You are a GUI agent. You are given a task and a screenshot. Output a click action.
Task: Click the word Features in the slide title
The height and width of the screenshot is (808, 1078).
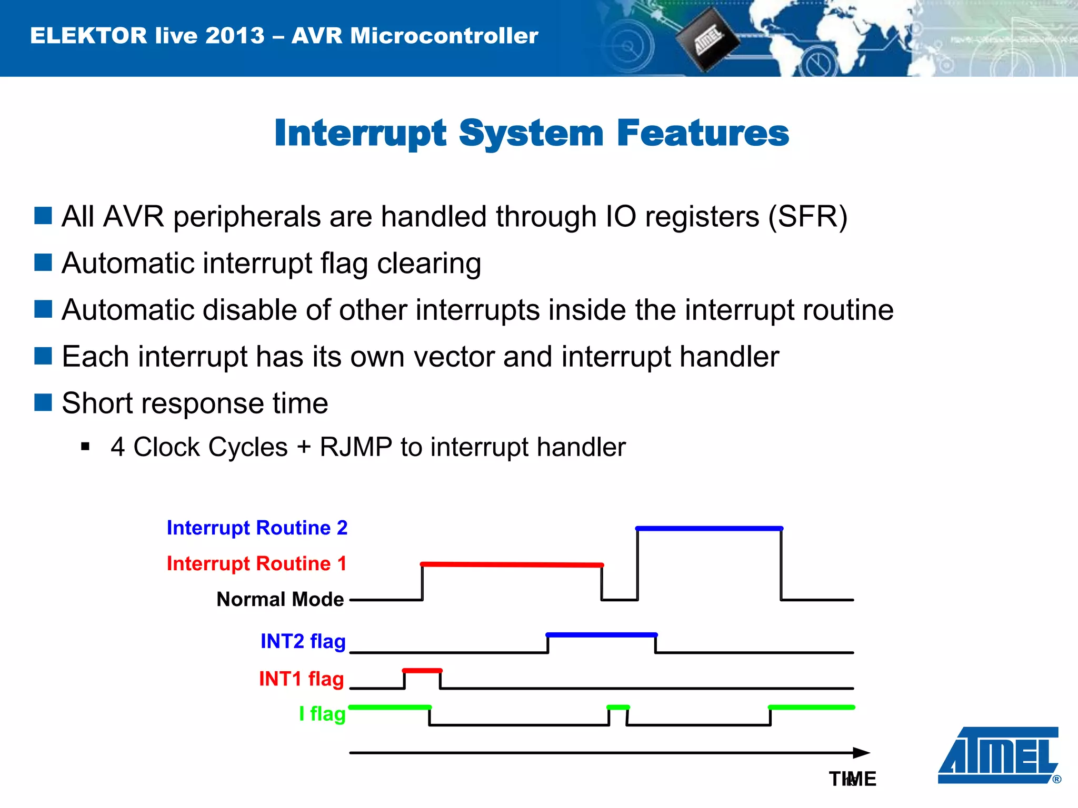[702, 133]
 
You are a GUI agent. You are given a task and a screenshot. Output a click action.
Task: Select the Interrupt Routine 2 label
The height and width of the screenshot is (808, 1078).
[257, 528]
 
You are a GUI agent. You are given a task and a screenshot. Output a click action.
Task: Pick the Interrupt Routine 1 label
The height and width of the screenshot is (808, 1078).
[257, 563]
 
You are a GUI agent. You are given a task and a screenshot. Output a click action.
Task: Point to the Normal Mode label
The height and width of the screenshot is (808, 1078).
[280, 599]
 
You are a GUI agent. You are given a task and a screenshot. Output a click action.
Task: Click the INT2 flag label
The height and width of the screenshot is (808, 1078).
[303, 641]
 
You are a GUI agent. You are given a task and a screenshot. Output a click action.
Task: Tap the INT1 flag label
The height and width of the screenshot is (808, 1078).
[302, 679]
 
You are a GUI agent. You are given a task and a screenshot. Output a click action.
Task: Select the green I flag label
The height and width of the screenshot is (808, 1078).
[322, 714]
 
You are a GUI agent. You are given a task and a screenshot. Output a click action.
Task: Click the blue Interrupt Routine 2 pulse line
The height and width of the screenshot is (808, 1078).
[709, 528]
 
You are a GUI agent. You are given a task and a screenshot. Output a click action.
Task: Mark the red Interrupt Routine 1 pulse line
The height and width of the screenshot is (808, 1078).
[512, 564]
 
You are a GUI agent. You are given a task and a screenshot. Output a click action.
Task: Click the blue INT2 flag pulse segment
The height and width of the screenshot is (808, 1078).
[602, 635]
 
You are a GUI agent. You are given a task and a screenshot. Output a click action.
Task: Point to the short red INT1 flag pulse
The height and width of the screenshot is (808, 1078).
[422, 671]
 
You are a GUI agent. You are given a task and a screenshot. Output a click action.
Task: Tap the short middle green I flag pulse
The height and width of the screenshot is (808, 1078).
[618, 707]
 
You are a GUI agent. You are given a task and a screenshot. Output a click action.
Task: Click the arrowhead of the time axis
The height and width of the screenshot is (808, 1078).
[861, 753]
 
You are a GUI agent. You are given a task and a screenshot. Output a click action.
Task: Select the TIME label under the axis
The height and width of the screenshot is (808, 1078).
[853, 779]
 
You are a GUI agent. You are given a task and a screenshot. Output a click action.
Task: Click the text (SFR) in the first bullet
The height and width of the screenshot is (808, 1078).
[807, 216]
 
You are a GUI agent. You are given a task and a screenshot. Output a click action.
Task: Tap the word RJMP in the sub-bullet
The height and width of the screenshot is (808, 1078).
[356, 447]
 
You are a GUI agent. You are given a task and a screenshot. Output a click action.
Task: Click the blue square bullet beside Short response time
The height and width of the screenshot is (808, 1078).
[43, 403]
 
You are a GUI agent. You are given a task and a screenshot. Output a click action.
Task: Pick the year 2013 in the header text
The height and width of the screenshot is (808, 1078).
[235, 36]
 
